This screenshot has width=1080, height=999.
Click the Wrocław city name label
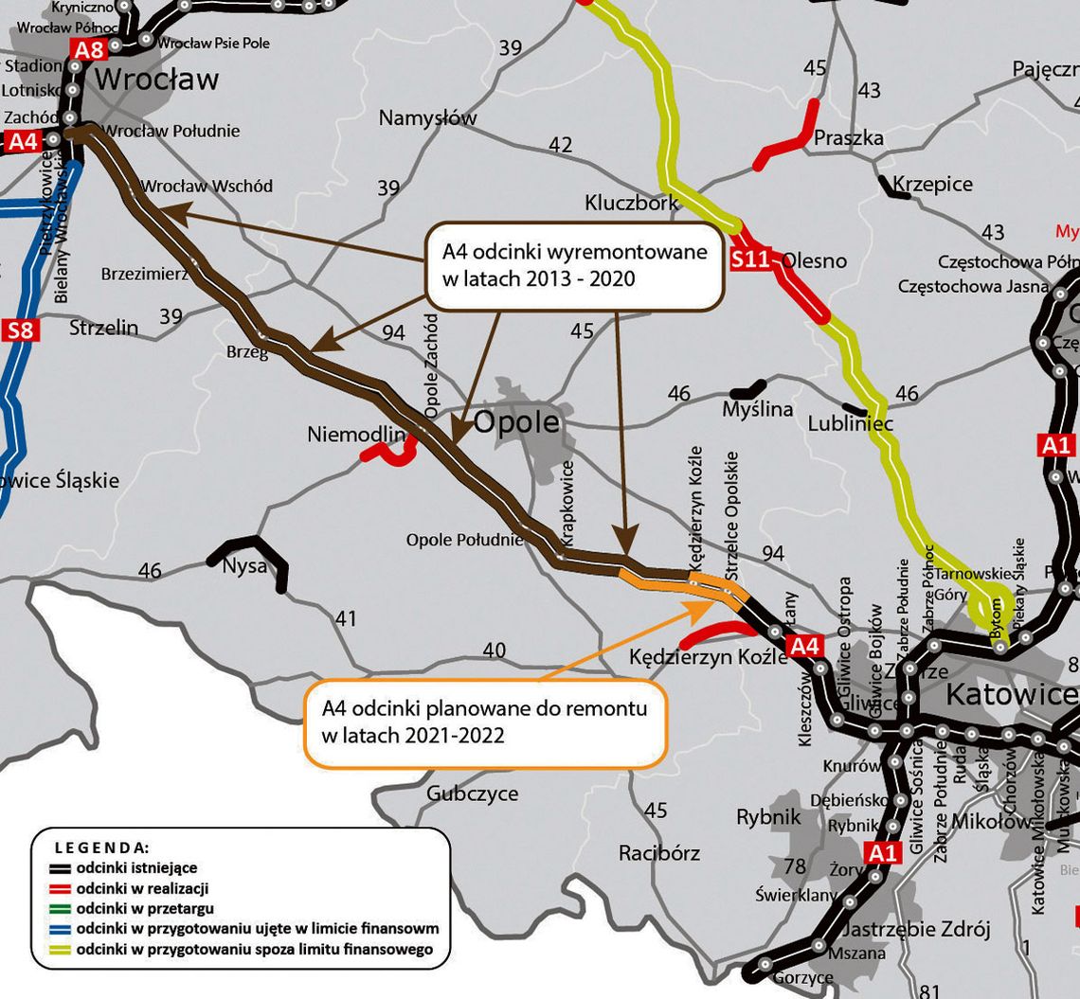coord(156,80)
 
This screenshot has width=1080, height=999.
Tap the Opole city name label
coord(511,422)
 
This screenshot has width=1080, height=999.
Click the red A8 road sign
coord(88,50)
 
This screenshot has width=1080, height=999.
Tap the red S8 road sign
coord(20,330)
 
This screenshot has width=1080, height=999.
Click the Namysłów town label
coord(427,118)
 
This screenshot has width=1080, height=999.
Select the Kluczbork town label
coord(631,203)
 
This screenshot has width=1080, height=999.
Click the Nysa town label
coord(244,567)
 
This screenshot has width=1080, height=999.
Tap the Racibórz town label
coord(659,853)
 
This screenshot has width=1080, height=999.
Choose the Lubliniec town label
coord(850,423)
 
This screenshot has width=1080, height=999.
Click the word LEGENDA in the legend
coord(101,847)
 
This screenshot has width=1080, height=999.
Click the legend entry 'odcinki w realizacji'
coord(142,888)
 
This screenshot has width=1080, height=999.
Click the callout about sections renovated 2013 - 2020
coord(574,265)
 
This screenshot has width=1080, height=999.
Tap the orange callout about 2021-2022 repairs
coord(484,720)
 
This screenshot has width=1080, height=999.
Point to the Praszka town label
coord(849,138)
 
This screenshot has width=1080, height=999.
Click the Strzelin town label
coord(103,329)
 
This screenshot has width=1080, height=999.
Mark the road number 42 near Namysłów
coord(560,145)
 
